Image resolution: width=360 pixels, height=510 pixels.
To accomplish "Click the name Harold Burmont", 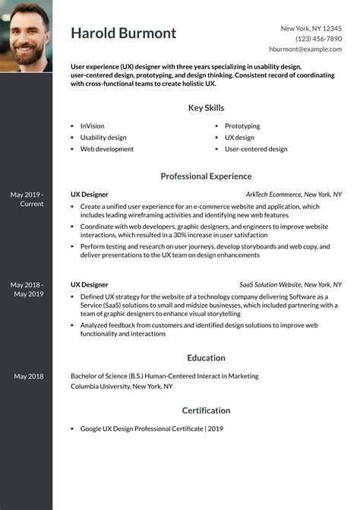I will point(124,33).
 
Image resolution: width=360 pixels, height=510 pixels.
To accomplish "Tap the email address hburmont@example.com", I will point(305,49).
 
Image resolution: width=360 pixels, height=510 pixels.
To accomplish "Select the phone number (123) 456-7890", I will point(318,38).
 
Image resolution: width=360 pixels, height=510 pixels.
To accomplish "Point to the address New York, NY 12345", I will point(311,28).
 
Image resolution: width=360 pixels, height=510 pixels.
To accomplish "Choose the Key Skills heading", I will point(206,108).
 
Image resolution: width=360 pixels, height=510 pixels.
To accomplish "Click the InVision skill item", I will point(92,126).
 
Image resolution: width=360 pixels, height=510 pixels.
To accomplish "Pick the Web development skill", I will point(106,149).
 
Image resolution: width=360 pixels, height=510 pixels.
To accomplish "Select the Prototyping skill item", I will point(242,126).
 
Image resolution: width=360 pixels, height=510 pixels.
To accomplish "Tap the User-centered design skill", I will point(256,149).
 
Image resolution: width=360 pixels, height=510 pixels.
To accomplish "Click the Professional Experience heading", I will point(206,176).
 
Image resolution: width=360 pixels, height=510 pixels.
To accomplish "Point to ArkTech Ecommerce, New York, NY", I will point(293,195).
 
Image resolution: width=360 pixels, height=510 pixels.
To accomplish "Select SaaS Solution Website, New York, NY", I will point(290,284).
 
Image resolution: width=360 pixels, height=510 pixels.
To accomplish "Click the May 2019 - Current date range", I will point(27,199).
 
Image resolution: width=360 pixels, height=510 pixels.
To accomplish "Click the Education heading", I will point(206,358).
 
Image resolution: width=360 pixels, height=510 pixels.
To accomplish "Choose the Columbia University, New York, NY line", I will point(122,386).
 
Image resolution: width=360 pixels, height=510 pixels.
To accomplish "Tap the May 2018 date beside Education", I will point(28,376).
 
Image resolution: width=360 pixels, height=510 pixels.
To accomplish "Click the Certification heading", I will point(206,410).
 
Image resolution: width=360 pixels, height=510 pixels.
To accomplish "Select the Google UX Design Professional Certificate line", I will point(151,429).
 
